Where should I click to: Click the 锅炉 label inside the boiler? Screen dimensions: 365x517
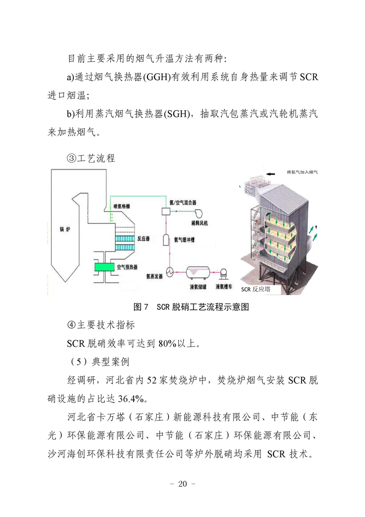pyautogui.click(x=65, y=229)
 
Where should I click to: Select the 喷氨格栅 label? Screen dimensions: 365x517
pyautogui.click(x=122, y=206)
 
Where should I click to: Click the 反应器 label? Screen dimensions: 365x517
pyautogui.click(x=144, y=238)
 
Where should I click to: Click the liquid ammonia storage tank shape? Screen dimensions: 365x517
pyautogui.click(x=197, y=273)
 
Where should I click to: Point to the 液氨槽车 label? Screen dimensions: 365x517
pyautogui.click(x=224, y=286)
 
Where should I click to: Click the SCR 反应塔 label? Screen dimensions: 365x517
pyautogui.click(x=255, y=289)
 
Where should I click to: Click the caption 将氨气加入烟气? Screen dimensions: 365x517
pyautogui.click(x=302, y=172)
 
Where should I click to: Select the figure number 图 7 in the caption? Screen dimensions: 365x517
pyautogui.click(x=141, y=307)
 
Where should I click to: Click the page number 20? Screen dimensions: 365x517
pyautogui.click(x=182, y=484)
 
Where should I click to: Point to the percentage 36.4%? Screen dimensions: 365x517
pyautogui.click(x=131, y=399)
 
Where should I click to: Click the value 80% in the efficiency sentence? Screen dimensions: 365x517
pyautogui.click(x=167, y=343)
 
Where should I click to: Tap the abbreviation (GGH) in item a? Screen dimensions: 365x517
pyautogui.click(x=156, y=77)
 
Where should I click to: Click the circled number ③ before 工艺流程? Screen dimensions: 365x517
pyautogui.click(x=71, y=158)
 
